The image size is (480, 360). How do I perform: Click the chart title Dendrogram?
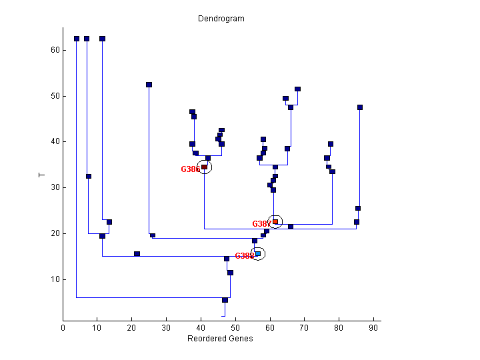point(221,19)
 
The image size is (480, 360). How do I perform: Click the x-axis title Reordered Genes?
point(221,339)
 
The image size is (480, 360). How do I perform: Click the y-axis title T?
point(41,175)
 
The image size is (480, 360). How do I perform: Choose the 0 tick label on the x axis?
point(63,327)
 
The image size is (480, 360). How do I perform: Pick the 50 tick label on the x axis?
point(235,327)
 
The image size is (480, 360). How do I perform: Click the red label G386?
point(190,169)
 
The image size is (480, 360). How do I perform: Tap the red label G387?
point(261,224)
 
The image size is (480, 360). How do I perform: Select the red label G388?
point(243,256)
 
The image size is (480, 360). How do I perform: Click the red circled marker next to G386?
point(205,167)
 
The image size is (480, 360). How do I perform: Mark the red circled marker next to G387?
point(275,221)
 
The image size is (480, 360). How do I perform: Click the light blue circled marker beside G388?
point(258,253)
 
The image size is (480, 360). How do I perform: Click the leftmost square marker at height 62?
point(77,39)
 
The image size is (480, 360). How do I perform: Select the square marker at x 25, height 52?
point(149,85)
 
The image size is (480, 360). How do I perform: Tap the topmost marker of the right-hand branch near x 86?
point(360,107)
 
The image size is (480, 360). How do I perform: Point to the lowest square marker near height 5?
point(225,300)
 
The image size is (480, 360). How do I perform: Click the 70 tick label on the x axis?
point(305,327)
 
